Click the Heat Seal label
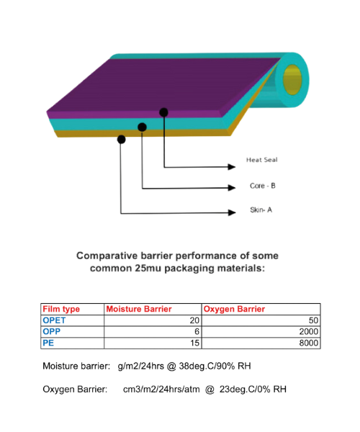tap(261, 160)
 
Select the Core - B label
tap(263, 186)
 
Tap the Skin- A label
tap(261, 210)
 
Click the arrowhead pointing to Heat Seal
tap(232, 167)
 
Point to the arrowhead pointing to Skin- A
tap(232, 212)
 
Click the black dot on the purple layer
tap(163, 112)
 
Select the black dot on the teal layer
tap(142, 127)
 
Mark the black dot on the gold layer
tap(121, 139)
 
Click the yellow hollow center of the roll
tap(292, 80)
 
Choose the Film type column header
tap(61, 309)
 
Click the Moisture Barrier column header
tap(139, 309)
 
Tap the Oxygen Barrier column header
tap(234, 309)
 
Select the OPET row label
tap(54, 320)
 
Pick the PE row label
tap(48, 343)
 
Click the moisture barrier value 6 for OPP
tap(197, 331)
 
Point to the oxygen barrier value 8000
tap(309, 343)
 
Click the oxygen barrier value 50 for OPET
tap(313, 320)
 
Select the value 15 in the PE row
tap(194, 343)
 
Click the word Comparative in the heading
tap(107, 256)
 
